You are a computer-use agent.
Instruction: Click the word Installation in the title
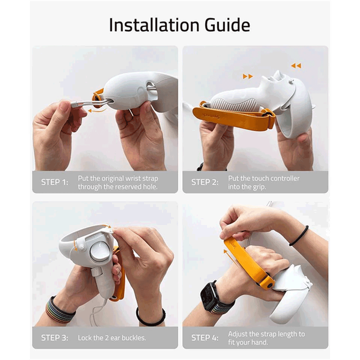154,25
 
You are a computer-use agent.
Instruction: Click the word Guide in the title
227,25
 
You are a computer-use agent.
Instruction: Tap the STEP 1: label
55,182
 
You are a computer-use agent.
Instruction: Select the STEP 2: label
205,182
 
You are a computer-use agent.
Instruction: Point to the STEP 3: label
55,338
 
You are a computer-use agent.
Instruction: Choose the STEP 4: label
205,338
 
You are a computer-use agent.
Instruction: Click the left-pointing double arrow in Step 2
296,66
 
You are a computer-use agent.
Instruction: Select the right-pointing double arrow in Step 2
248,76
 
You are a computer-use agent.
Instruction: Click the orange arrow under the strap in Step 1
97,110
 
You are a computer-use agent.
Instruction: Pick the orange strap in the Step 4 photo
248,264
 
